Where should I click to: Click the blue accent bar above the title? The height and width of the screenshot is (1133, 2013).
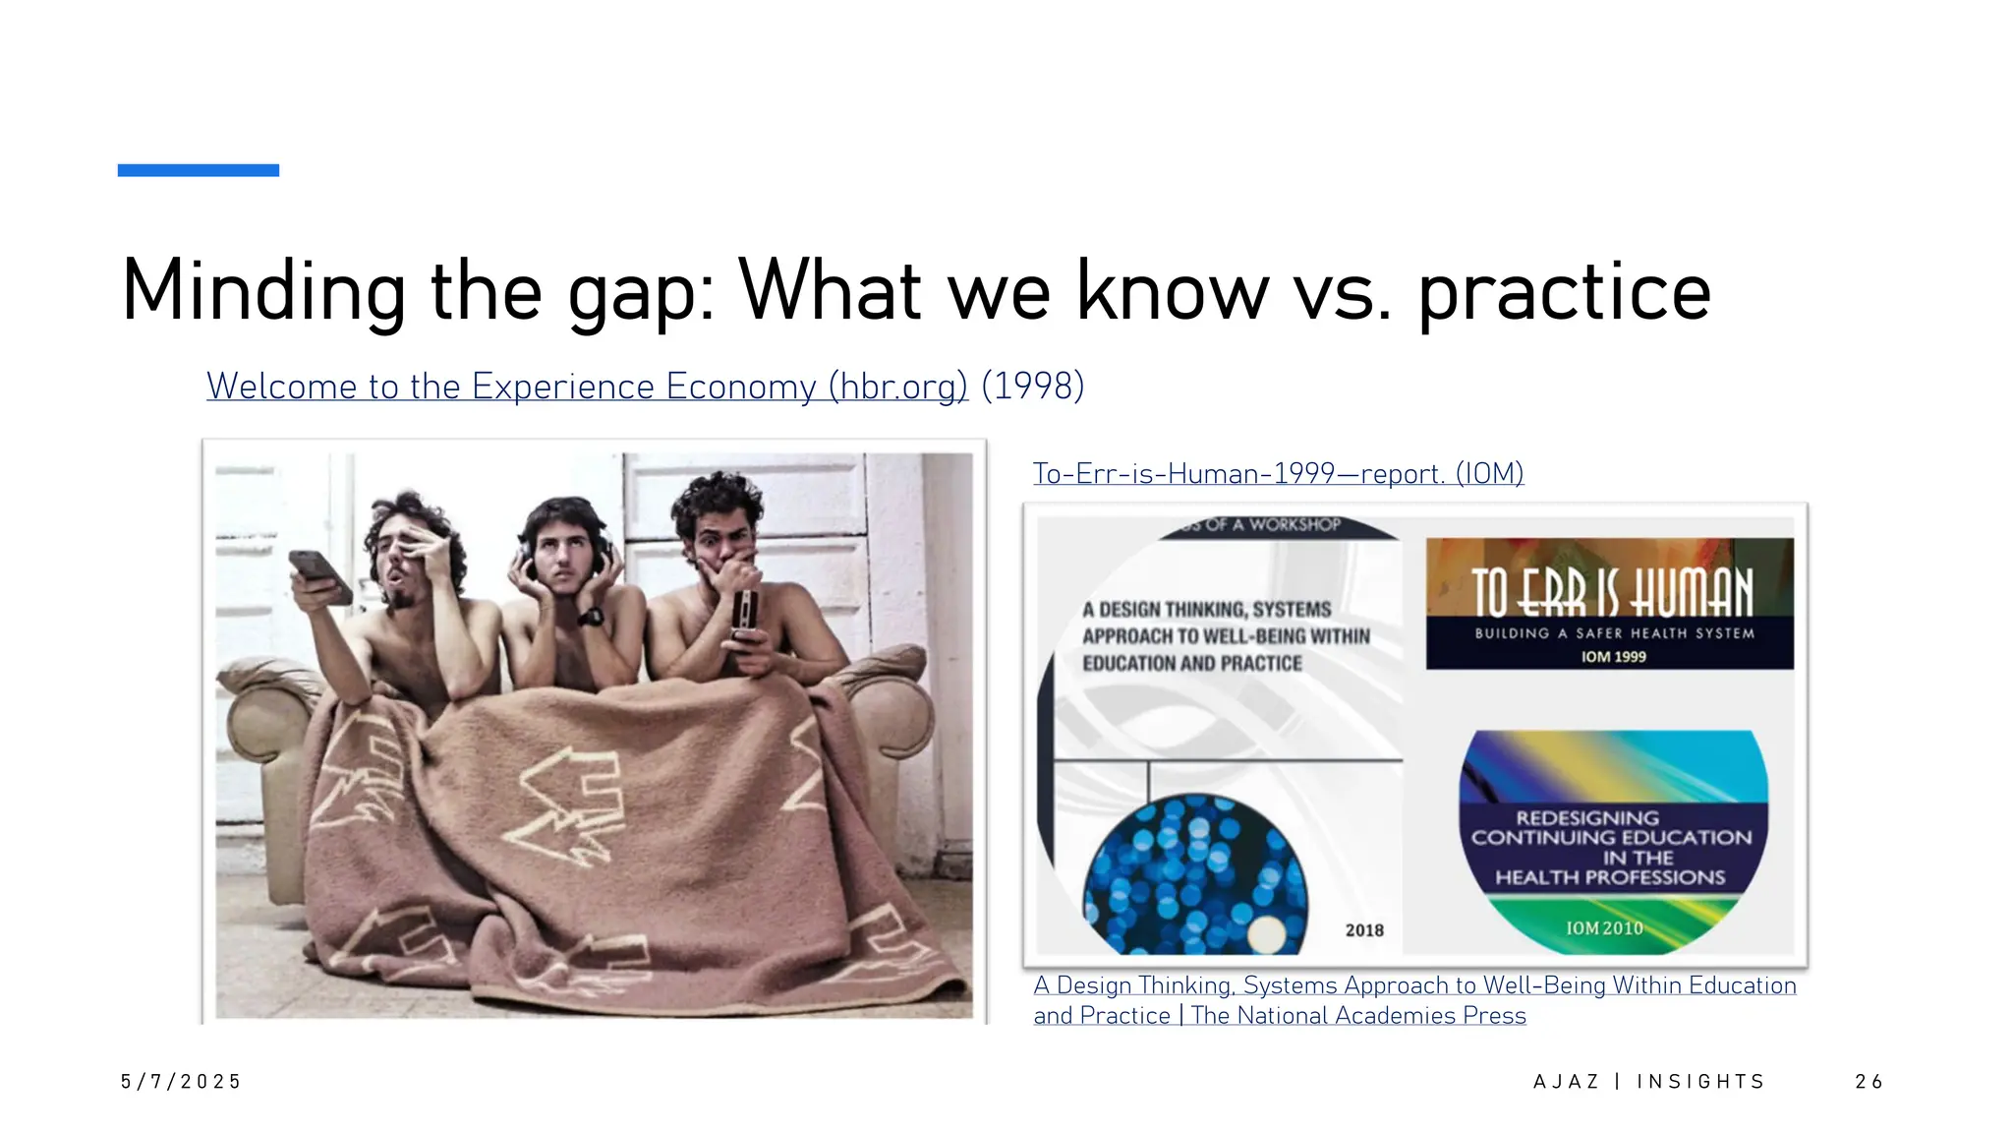click(198, 170)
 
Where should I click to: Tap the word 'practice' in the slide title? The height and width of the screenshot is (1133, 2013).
click(1564, 292)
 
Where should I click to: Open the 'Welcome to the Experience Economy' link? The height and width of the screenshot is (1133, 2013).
click(587, 387)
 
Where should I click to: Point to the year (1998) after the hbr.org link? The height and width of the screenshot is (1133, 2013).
click(1033, 386)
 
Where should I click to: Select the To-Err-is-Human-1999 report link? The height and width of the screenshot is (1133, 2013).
click(1278, 474)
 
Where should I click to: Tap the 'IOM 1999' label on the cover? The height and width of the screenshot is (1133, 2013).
click(1612, 656)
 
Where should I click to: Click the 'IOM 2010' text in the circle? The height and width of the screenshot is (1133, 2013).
click(1603, 927)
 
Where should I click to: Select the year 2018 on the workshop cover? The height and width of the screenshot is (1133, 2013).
click(1363, 929)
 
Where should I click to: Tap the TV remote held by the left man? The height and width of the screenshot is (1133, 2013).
click(319, 574)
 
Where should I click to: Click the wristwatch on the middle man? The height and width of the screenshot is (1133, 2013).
click(591, 618)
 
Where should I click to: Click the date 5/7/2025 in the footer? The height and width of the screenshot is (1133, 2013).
click(181, 1082)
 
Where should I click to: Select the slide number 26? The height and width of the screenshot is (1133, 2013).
click(1868, 1082)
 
